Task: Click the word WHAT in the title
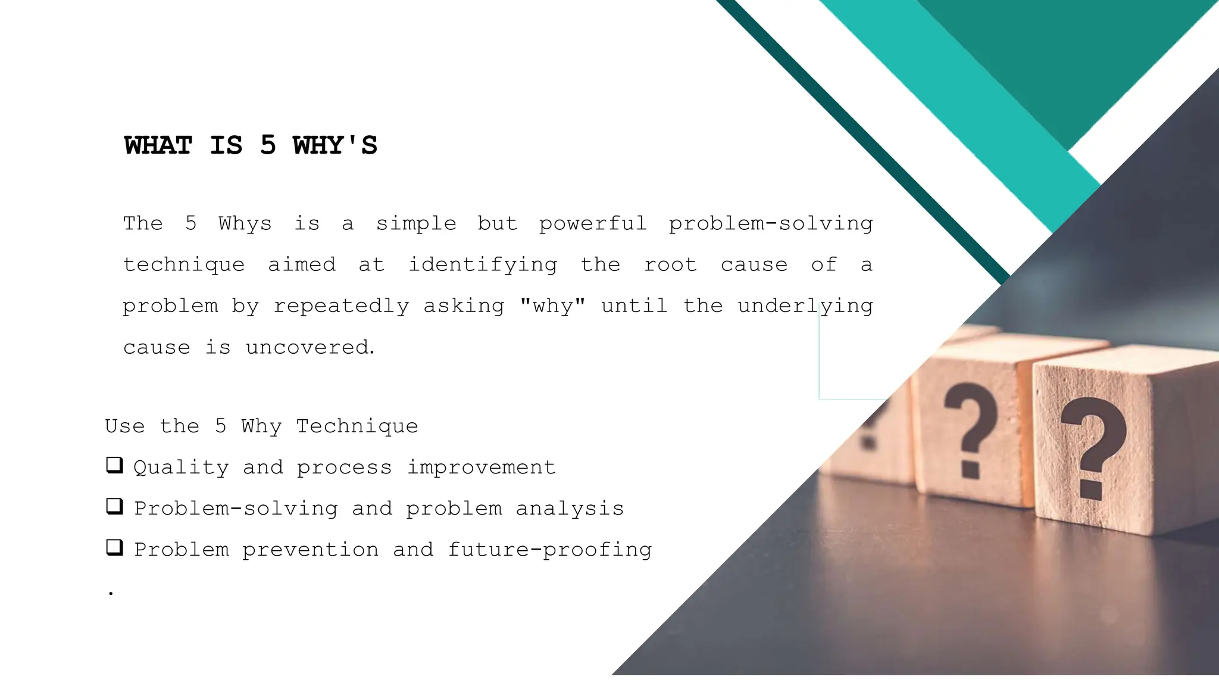[158, 146]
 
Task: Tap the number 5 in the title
[268, 146]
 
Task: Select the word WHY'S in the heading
[335, 146]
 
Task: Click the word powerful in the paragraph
[592, 224]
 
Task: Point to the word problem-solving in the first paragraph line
[770, 224]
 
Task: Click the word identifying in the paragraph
[483, 265]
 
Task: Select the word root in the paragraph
[670, 265]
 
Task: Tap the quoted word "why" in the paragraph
[552, 306]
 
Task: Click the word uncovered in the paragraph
[310, 347]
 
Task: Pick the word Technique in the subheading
[357, 426]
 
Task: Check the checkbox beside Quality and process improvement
[114, 465]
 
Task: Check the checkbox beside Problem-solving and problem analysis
[114, 506]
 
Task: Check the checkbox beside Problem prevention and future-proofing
[114, 547]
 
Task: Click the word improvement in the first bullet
[481, 468]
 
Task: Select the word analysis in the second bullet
[570, 509]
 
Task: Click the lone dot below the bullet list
[111, 593]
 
